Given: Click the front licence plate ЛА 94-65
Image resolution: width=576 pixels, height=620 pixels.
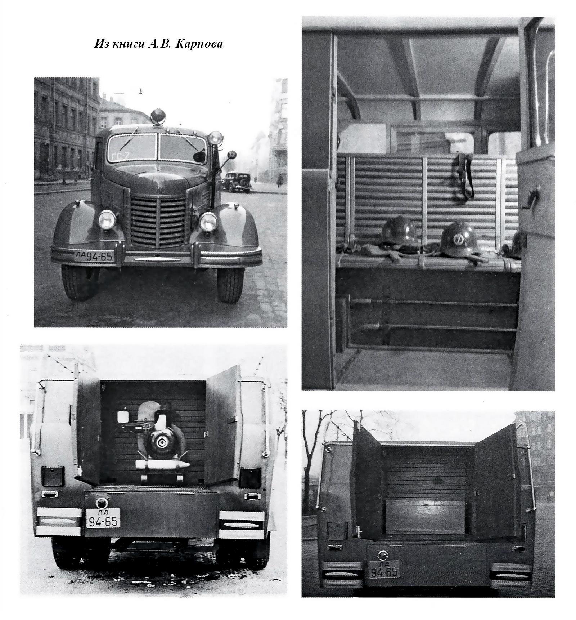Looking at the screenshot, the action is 94,256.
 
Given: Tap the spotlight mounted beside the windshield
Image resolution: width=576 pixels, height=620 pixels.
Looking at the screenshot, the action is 216,138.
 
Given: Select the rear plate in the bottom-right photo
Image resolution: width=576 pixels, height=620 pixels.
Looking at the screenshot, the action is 384,569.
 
